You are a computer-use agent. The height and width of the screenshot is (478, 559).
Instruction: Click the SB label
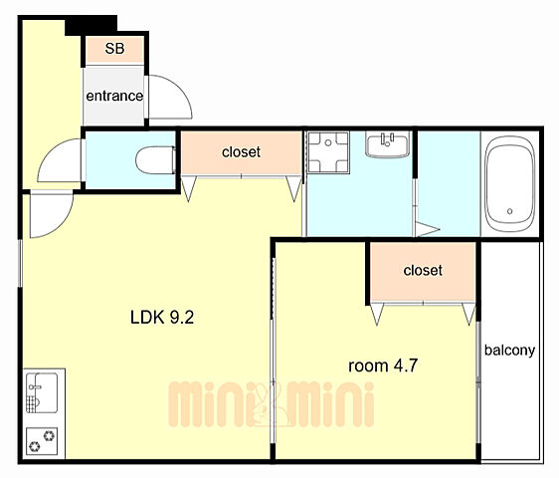114,49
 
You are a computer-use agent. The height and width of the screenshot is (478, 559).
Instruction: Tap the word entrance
114,96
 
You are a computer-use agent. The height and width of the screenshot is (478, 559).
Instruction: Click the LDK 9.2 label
162,318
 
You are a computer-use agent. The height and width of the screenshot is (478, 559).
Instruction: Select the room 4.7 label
383,365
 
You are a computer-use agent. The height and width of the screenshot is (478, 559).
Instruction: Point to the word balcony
509,350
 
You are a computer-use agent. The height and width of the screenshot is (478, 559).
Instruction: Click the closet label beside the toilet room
241,152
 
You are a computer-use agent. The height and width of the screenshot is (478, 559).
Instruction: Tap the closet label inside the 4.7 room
423,270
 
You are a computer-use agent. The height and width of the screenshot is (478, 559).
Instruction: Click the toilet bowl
156,160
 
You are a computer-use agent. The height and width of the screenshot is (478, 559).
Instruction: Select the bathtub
510,184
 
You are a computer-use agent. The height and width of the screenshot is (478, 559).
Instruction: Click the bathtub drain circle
510,211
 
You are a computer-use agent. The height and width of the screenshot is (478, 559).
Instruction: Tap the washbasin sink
388,144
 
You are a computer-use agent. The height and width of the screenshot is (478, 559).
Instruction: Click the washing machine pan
328,152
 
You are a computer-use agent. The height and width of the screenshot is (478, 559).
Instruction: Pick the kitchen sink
42,393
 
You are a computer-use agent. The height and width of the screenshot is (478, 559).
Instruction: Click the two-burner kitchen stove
42,441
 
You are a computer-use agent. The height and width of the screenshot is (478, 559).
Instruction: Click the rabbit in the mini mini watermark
264,403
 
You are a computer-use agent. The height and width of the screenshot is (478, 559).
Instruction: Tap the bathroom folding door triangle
426,229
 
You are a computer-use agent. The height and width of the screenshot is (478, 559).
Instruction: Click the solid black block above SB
92,25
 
